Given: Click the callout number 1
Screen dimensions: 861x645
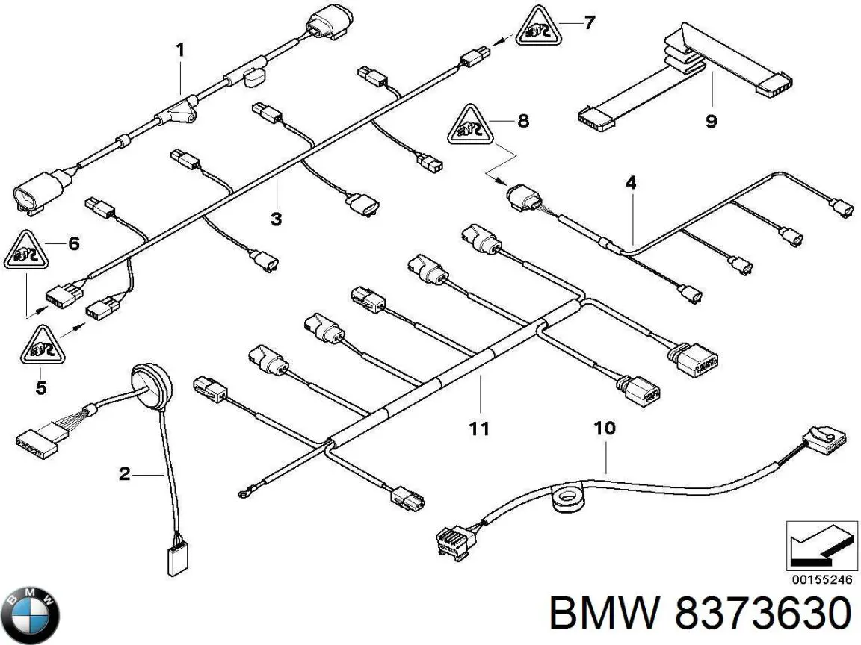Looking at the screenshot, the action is (180, 51).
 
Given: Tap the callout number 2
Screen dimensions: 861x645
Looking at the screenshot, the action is (125, 473).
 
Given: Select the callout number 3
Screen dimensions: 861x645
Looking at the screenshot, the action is (277, 219).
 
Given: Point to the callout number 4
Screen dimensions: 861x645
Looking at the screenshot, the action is (631, 183).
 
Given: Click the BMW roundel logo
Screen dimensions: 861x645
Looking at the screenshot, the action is (30, 615).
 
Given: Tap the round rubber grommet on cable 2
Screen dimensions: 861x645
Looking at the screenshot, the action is (151, 381).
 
